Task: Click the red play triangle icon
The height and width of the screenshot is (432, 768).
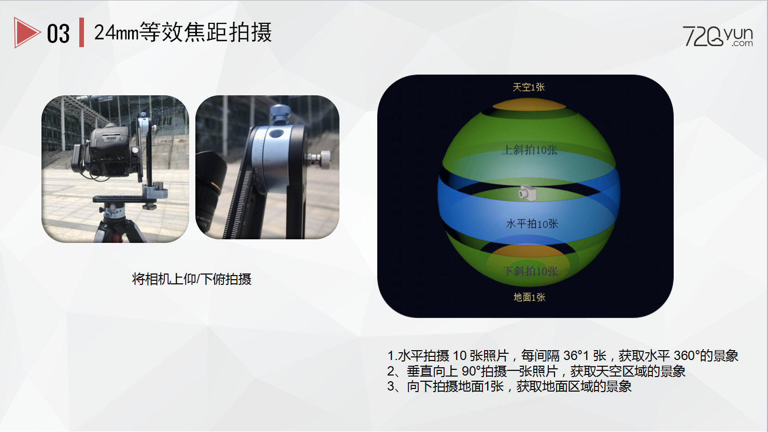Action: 25,33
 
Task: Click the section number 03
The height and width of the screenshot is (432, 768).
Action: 58,34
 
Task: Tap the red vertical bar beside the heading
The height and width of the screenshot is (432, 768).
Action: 81,32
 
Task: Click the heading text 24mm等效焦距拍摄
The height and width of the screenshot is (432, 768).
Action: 183,33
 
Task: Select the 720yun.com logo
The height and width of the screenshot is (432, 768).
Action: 718,36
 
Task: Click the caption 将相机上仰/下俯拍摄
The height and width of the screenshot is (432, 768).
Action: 192,279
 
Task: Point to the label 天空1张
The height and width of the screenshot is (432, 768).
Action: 529,87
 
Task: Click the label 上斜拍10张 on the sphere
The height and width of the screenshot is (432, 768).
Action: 530,150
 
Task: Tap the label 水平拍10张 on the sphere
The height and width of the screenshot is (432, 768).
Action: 532,224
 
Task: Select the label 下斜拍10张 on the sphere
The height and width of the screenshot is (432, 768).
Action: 531,271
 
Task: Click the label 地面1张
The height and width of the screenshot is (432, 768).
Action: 529,297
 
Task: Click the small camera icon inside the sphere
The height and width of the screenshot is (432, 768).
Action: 528,193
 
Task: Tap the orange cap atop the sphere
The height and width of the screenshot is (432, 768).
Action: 529,105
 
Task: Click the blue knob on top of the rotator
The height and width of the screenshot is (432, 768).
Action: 280,114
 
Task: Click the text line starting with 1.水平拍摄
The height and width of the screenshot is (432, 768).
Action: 562,356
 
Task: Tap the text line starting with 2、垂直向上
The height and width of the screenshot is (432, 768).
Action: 536,371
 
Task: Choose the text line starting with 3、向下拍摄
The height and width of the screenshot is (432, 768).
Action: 509,386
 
